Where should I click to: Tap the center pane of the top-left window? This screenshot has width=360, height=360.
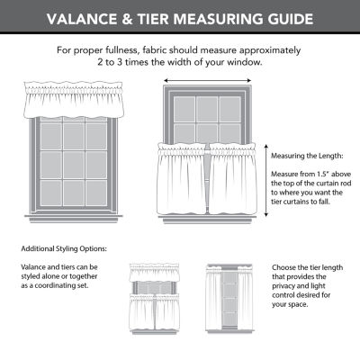tap(73, 164)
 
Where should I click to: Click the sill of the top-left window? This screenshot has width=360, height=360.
tap(73, 216)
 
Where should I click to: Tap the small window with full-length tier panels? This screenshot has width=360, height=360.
tap(229, 292)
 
